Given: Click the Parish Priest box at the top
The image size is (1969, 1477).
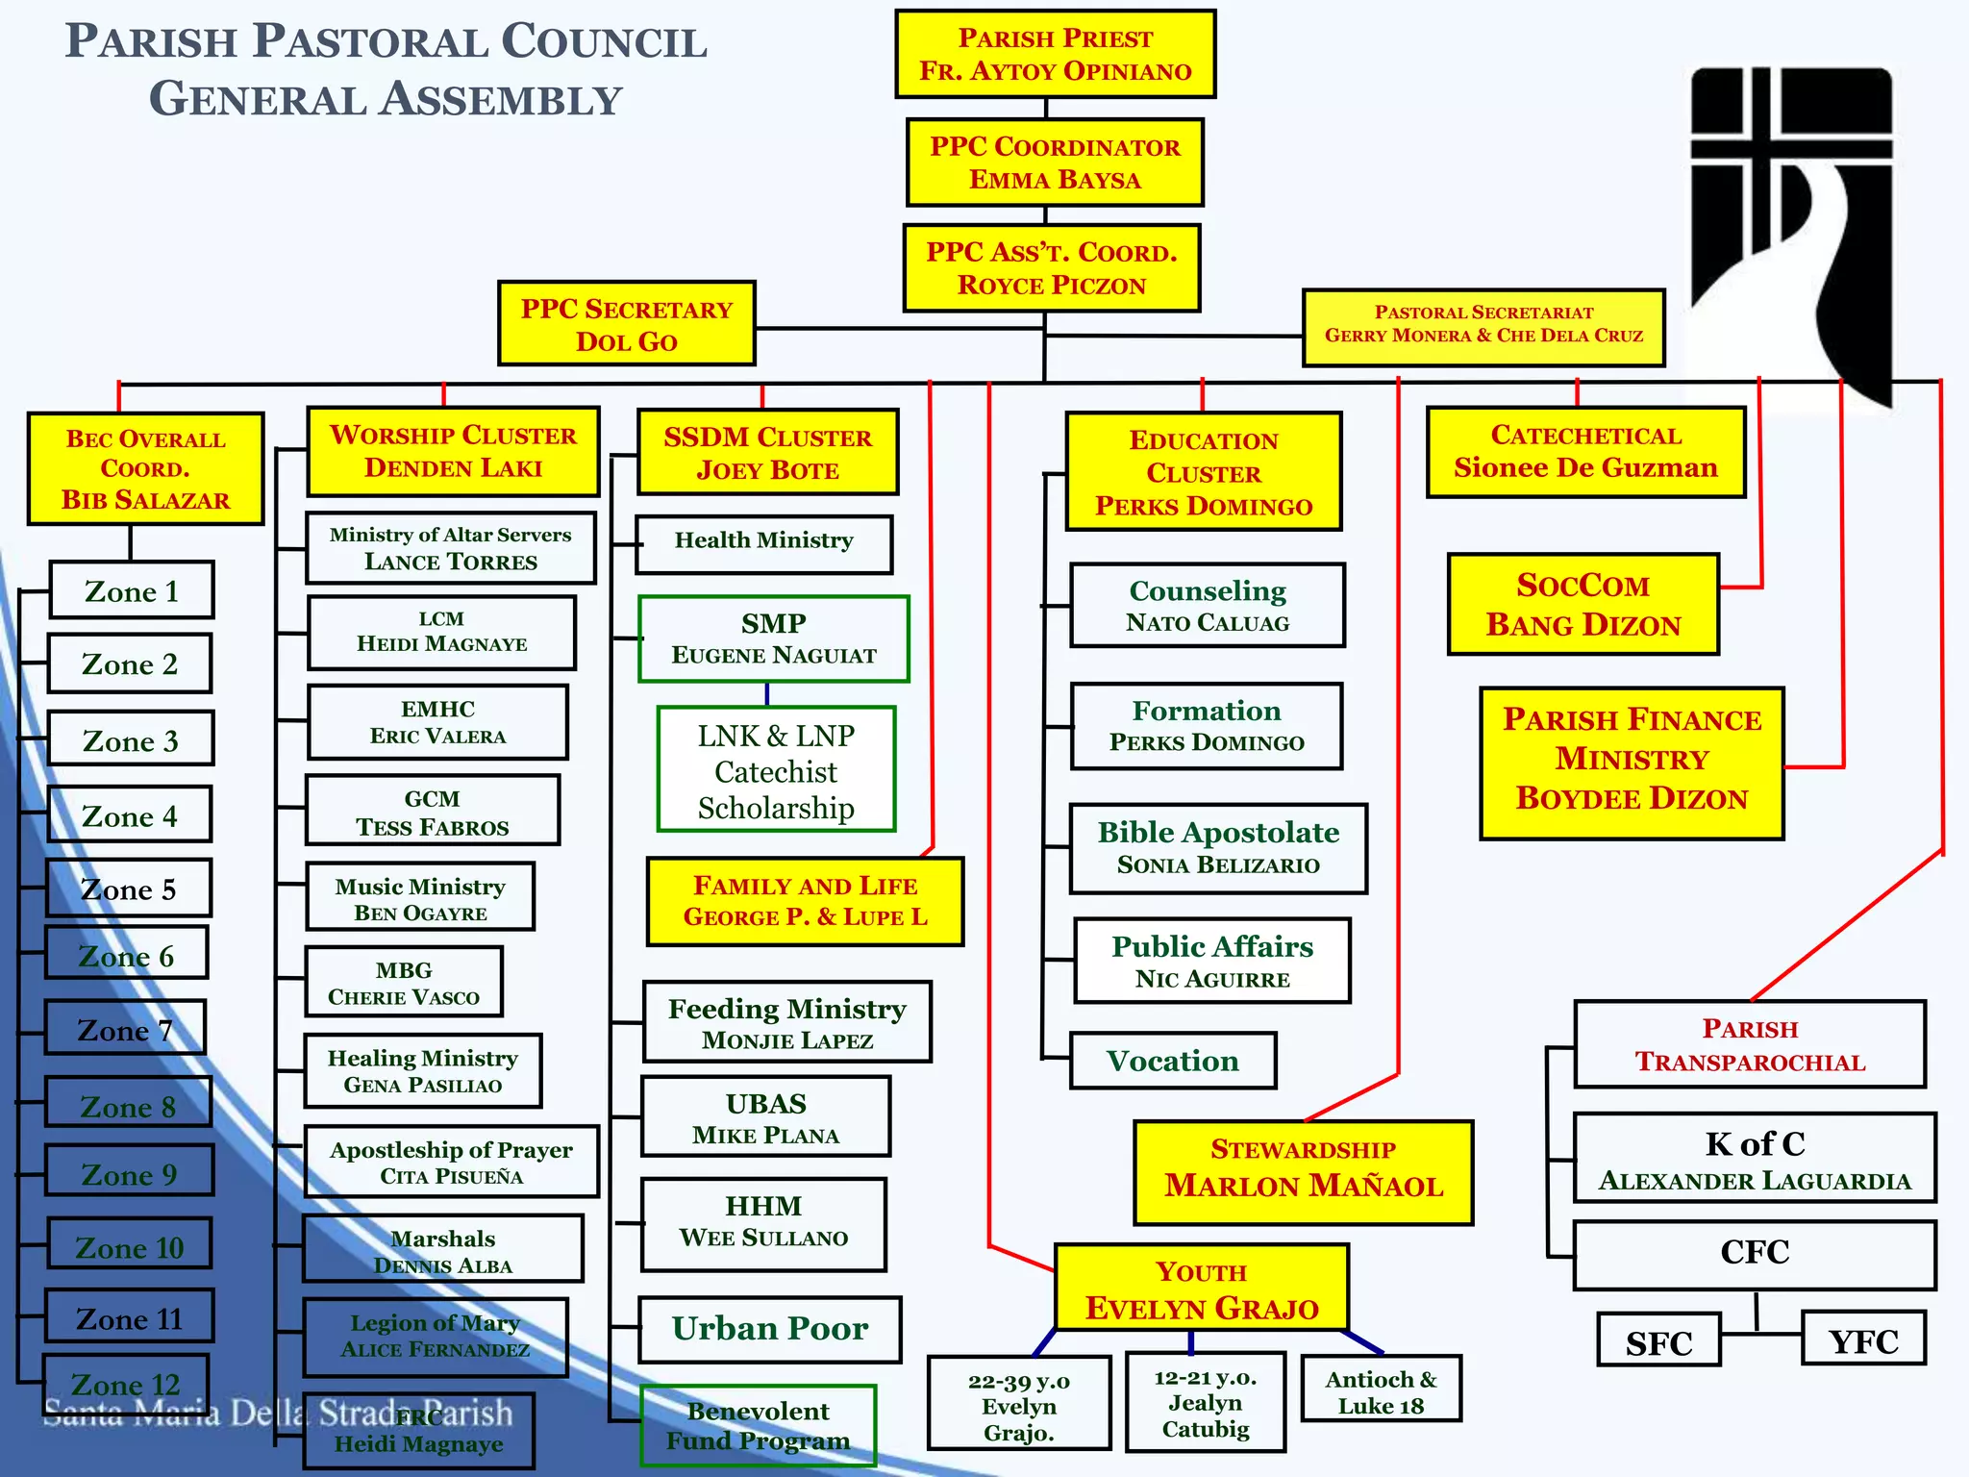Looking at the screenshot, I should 1055,54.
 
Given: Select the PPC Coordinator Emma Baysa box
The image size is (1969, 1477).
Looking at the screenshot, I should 1055,163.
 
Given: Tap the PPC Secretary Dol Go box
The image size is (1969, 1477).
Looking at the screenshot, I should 626,324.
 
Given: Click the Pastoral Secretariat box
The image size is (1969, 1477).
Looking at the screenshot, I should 1483,328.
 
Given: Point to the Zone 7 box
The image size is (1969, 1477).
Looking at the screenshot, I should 125,1028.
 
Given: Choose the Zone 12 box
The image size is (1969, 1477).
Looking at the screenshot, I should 125,1383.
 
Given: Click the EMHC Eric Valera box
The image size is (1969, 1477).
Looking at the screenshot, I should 437,722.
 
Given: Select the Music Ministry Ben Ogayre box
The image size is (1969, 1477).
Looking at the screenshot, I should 420,897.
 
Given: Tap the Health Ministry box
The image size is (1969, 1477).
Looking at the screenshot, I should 763,543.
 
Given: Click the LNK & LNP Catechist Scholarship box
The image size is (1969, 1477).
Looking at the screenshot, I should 776,770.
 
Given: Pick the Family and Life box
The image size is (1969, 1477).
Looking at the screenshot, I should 805,901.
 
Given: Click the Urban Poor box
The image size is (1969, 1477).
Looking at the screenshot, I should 769,1329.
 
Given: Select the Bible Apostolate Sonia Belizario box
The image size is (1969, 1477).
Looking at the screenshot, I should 1218,848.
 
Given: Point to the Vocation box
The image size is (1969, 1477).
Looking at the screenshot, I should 1173,1061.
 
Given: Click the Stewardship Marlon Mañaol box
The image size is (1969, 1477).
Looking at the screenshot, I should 1303,1172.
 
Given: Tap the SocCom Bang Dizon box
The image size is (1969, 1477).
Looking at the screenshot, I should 1583,605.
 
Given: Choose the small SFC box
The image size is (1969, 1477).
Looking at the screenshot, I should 1658,1340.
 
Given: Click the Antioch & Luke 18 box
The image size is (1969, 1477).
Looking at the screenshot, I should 1381,1389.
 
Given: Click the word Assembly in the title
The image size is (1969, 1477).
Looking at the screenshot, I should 501,100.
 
